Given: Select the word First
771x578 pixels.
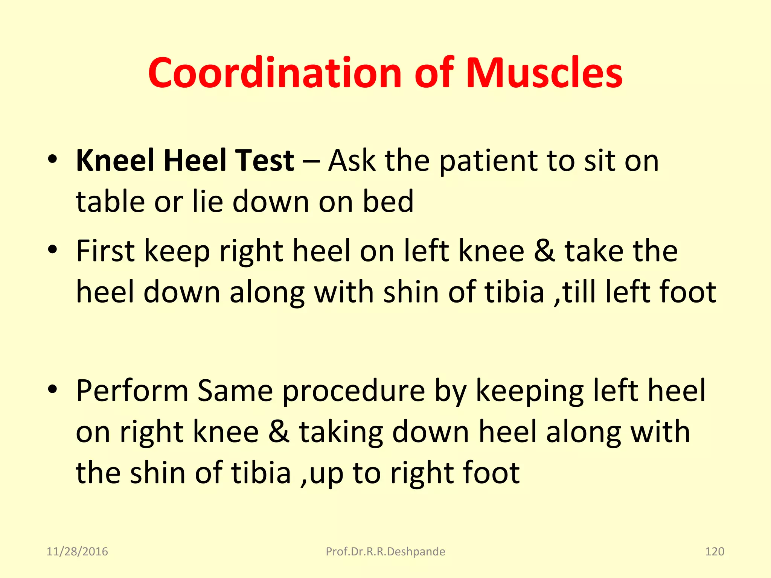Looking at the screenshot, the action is pos(105,251).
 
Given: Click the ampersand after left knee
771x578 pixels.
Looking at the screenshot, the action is pos(544,251).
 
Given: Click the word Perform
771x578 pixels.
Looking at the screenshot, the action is pos(132,391).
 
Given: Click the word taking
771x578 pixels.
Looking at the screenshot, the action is pos(341,433).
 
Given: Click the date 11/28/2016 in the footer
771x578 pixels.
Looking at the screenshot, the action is pos(77,552).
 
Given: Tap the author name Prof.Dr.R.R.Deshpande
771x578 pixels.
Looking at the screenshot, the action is pos(385,552).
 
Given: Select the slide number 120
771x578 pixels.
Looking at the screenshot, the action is pos(714,552).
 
